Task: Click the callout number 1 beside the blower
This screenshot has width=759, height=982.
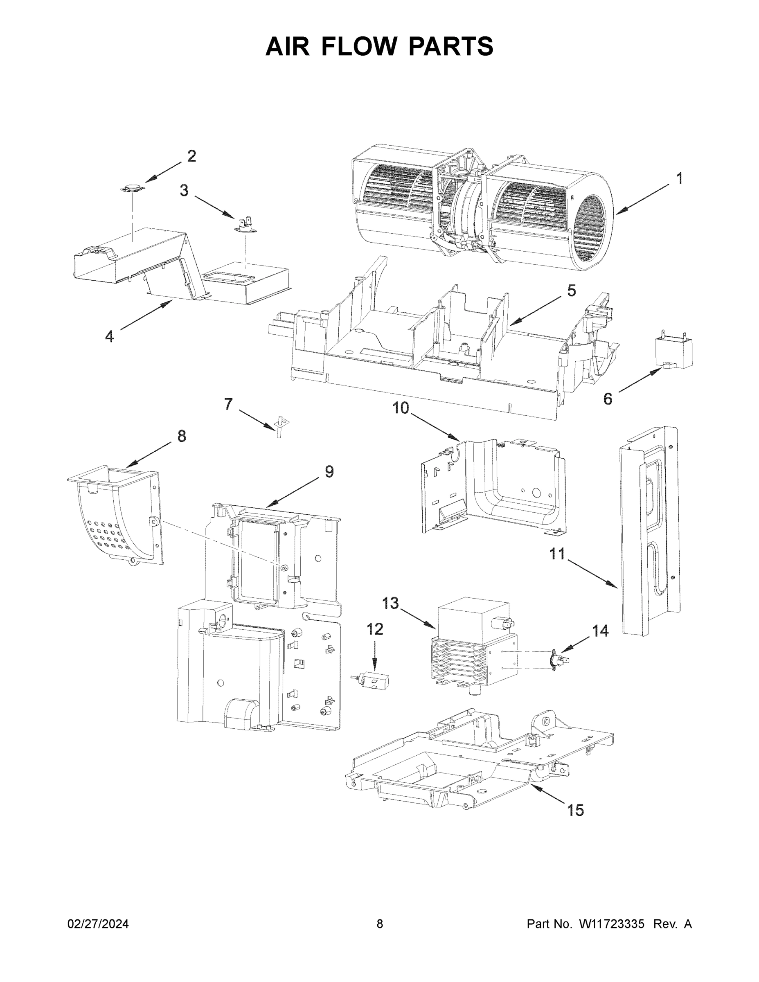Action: click(x=679, y=178)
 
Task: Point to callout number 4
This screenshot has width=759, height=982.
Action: click(x=109, y=336)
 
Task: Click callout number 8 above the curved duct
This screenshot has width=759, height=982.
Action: click(x=181, y=436)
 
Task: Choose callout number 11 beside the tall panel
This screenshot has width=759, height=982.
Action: click(x=558, y=554)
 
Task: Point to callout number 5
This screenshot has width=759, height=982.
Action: click(x=571, y=291)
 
